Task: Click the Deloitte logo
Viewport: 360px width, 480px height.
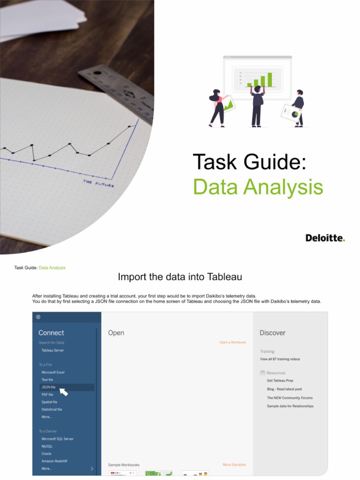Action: (325, 238)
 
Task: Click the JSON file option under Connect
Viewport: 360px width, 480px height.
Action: (49, 387)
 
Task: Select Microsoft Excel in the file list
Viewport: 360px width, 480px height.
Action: (53, 372)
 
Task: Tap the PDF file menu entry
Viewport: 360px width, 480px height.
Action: (47, 395)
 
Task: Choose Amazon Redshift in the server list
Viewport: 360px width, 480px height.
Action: (54, 461)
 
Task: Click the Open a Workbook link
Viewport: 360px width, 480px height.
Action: (232, 342)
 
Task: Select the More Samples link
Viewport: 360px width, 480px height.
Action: (234, 465)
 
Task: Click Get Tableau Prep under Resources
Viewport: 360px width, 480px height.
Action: (280, 381)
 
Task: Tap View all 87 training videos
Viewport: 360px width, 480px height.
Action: (280, 359)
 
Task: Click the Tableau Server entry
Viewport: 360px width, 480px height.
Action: (52, 350)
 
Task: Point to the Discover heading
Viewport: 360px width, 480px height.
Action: (272, 333)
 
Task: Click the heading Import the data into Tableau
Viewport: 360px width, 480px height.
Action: (180, 277)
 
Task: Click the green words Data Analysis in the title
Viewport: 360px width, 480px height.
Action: (258, 187)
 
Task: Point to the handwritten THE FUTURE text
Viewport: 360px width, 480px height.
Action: (98, 183)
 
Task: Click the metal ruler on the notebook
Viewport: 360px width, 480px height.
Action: (117, 89)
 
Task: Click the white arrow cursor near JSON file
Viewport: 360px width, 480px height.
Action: (63, 391)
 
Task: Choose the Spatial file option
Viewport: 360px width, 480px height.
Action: (49, 402)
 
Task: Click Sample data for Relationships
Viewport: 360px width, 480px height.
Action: (290, 406)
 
